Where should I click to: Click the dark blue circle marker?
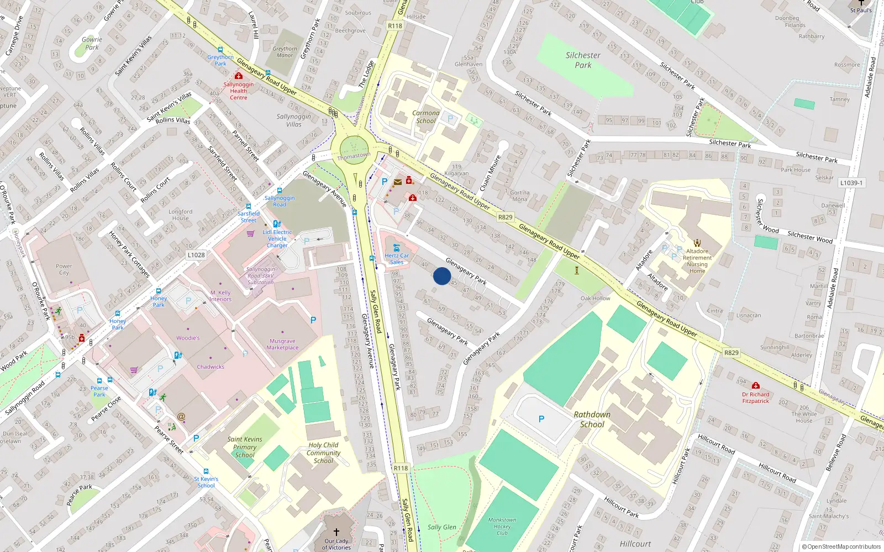tap(442, 276)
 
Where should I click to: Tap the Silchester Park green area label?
tap(583, 60)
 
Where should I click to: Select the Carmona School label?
tap(426, 117)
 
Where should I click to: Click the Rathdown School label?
tap(592, 420)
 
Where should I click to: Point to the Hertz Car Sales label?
tap(397, 259)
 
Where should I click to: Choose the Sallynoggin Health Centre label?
tap(239, 91)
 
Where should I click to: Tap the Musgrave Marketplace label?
tap(282, 344)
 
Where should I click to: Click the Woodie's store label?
tap(188, 338)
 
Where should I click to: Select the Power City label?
tap(64, 269)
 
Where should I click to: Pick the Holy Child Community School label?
tap(323, 453)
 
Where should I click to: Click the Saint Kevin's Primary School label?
tap(245, 447)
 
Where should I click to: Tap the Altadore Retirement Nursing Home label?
tap(697, 261)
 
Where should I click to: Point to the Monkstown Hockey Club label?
tap(502, 527)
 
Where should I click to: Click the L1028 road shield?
tap(196, 255)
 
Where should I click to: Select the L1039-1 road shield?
tap(851, 183)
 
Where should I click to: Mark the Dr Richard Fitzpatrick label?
tap(756, 397)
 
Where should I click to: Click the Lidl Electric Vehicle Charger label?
tap(277, 238)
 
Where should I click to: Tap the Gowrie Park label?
tap(92, 43)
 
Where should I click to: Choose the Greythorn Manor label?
tap(285, 52)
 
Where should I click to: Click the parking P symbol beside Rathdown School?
tap(541, 419)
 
